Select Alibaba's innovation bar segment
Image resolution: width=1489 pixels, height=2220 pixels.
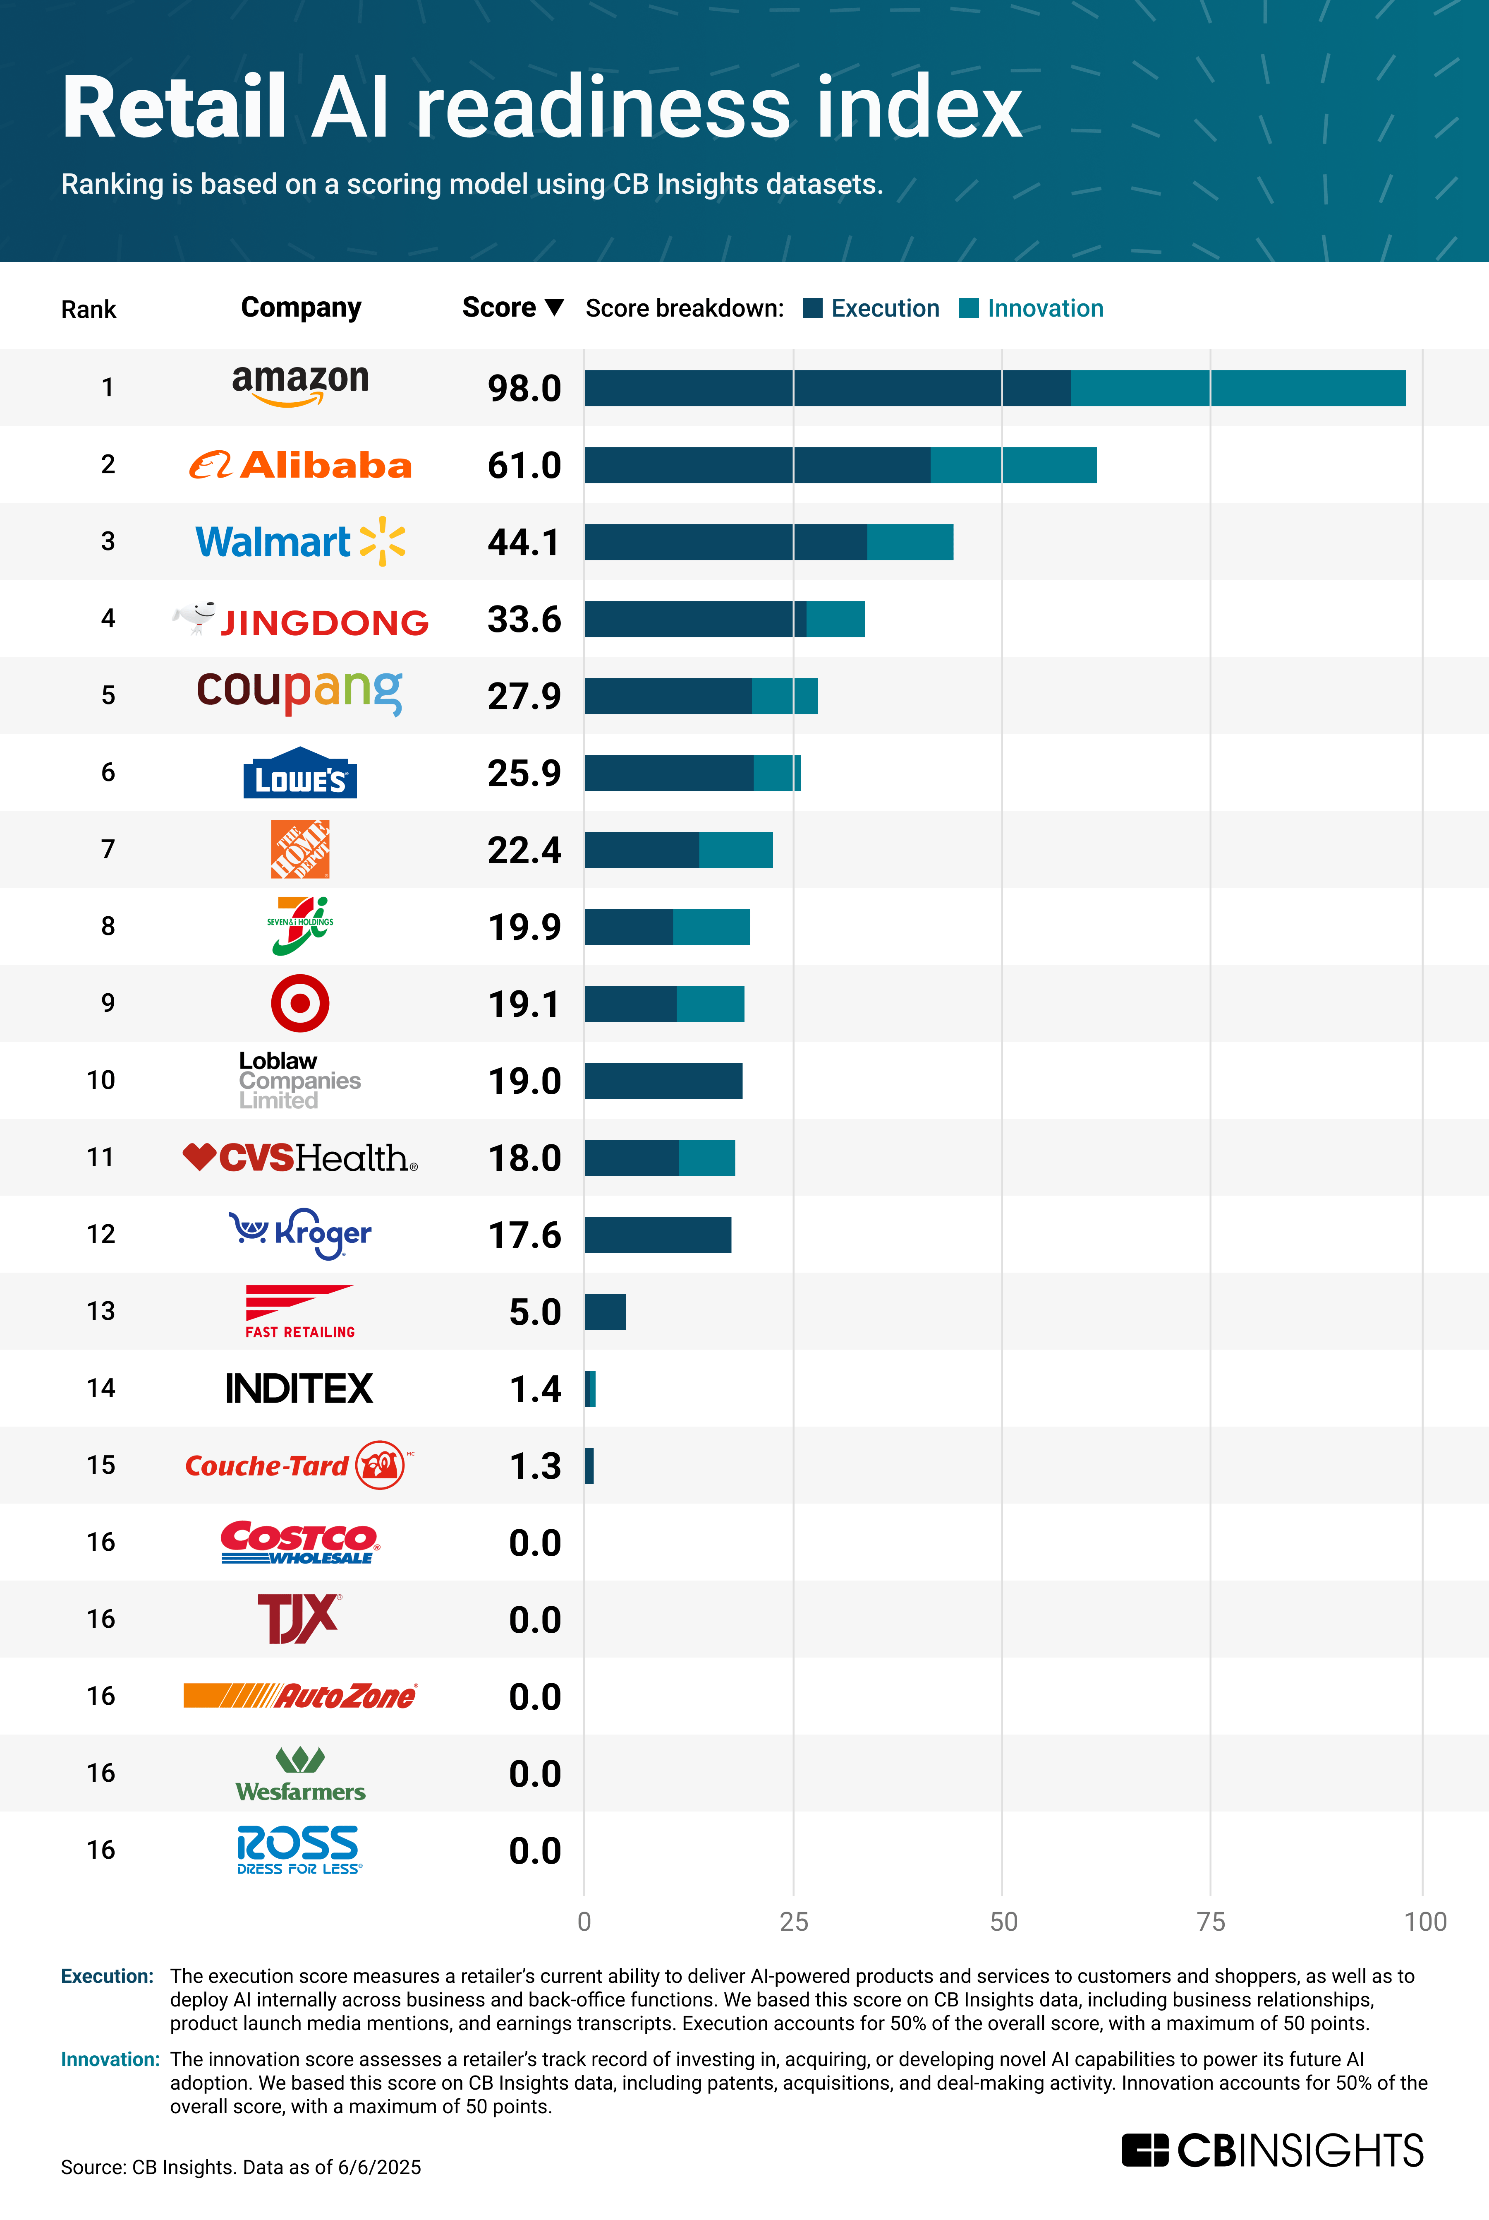click(x=1013, y=464)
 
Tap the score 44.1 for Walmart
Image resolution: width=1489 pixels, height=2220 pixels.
click(x=524, y=543)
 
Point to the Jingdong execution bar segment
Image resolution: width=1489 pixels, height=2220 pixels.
click(x=695, y=620)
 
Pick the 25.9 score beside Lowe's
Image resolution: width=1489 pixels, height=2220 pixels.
click(x=524, y=773)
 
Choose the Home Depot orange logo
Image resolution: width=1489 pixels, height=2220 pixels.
click(x=300, y=849)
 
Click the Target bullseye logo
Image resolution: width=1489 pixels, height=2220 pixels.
click(x=300, y=1003)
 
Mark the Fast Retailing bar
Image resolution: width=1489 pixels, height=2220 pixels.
click(x=605, y=1312)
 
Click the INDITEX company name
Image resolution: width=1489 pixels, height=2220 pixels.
click(x=300, y=1389)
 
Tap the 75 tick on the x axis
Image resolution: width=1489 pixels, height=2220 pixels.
click(x=1211, y=1922)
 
